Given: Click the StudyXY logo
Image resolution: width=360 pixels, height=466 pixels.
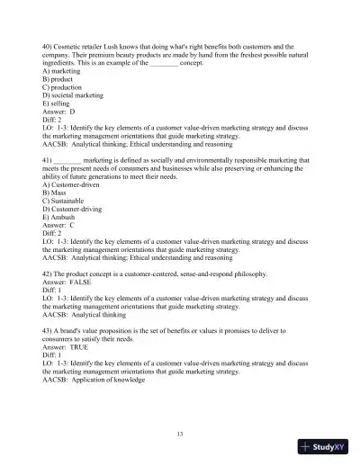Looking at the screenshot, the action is [323, 446].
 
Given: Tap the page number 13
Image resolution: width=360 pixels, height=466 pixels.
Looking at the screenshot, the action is [180, 435].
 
